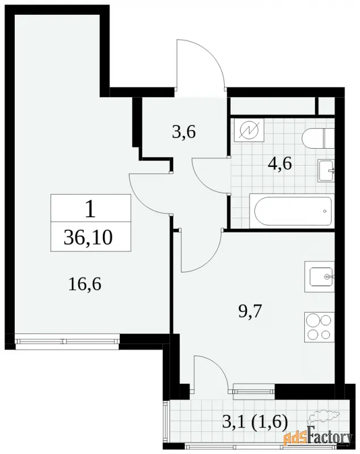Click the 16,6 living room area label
(x=85, y=284)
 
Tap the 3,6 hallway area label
(x=184, y=132)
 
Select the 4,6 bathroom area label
(x=280, y=164)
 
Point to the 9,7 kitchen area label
(x=250, y=311)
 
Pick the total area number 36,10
(x=88, y=237)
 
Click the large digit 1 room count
(x=90, y=209)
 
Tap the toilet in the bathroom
(x=318, y=138)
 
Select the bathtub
(x=292, y=211)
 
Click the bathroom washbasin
(x=326, y=171)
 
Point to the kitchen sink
(x=320, y=276)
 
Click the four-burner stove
(x=320, y=327)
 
